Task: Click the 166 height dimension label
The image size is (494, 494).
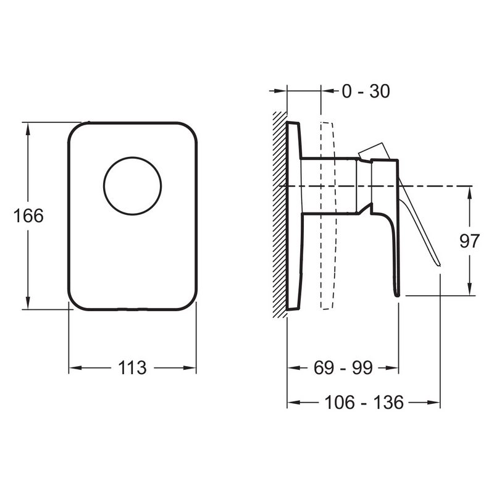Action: [x=28, y=216]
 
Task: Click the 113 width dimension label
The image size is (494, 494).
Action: [x=132, y=367]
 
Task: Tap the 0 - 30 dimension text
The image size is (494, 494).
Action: [x=366, y=91]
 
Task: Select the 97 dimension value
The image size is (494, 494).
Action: [x=469, y=241]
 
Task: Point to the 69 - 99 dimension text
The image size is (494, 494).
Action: [x=343, y=367]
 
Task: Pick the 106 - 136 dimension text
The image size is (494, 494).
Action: [x=364, y=403]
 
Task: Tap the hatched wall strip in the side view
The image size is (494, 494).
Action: [x=280, y=215]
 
